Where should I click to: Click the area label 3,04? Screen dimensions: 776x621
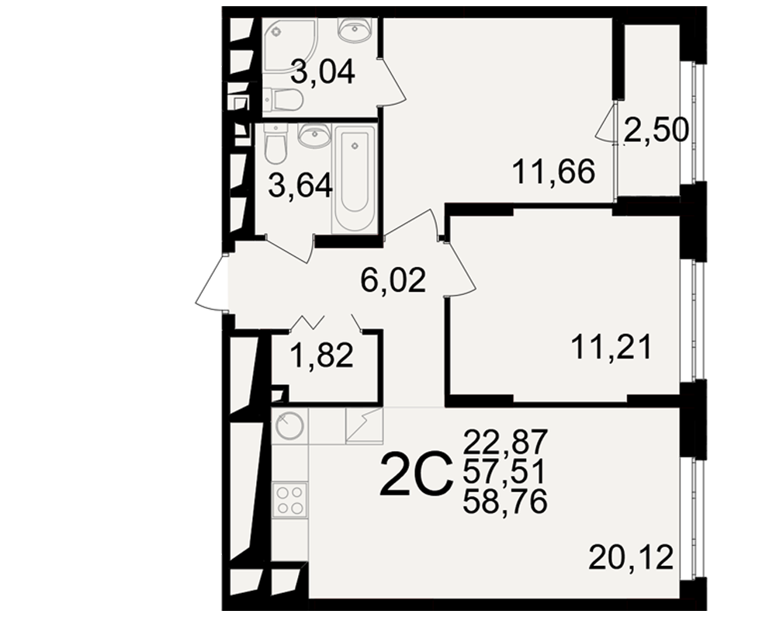pyautogui.click(x=323, y=72)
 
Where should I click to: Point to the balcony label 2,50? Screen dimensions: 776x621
pyautogui.click(x=656, y=130)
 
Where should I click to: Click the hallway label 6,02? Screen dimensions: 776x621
pyautogui.click(x=393, y=279)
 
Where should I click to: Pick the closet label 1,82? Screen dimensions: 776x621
pyautogui.click(x=322, y=356)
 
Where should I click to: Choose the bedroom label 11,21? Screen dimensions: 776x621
pyautogui.click(x=611, y=347)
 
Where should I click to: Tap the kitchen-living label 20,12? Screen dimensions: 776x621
pyautogui.click(x=631, y=557)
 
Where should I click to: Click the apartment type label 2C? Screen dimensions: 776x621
pyautogui.click(x=416, y=474)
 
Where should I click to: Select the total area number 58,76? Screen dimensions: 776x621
pyautogui.click(x=504, y=501)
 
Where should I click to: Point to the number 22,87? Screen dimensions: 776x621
pyautogui.click(x=505, y=442)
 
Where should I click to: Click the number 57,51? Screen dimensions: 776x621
pyautogui.click(x=504, y=471)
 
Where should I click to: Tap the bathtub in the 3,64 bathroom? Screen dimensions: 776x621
pyautogui.click(x=355, y=179)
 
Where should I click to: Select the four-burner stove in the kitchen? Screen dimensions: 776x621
pyautogui.click(x=290, y=500)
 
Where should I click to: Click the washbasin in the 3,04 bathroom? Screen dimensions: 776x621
pyautogui.click(x=353, y=29)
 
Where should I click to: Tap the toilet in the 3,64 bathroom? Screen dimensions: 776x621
pyautogui.click(x=275, y=144)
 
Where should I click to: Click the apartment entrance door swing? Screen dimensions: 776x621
pyautogui.click(x=211, y=283)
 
